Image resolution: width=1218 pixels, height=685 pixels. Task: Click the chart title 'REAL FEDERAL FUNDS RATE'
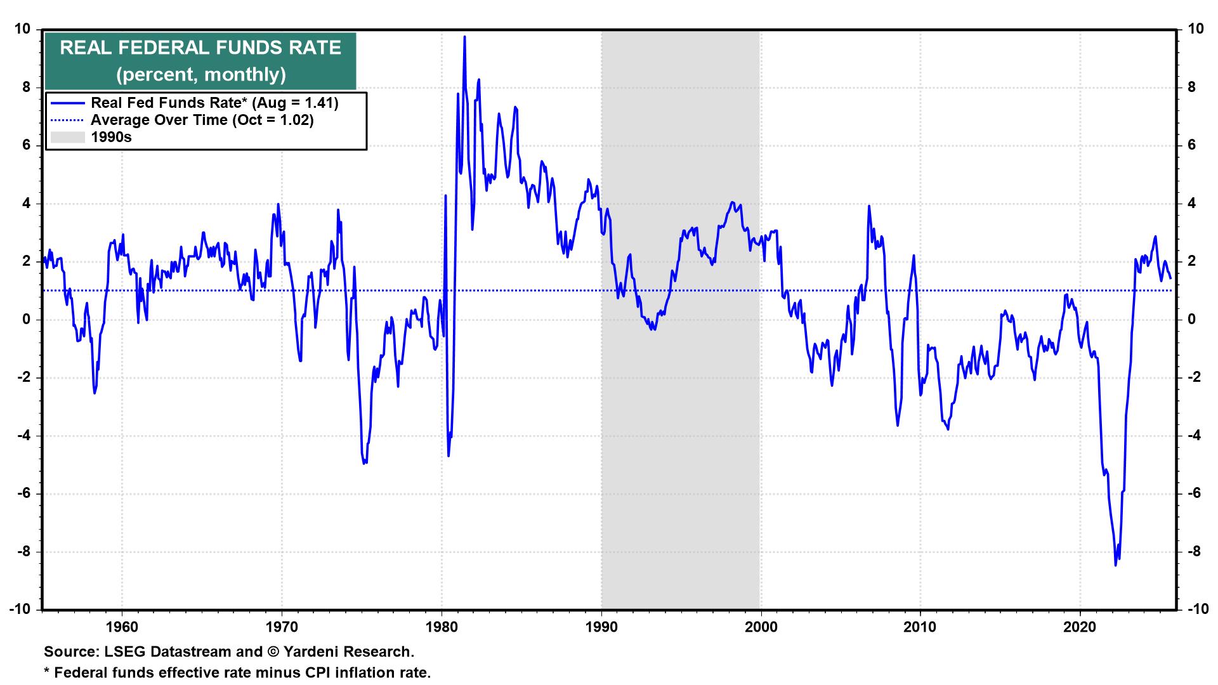(200, 48)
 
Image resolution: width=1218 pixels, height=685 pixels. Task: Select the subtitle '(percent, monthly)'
(200, 75)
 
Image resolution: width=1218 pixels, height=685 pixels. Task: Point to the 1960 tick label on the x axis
(121, 627)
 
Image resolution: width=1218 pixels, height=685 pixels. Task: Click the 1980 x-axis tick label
(441, 627)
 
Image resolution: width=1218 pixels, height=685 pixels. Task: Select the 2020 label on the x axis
(1080, 627)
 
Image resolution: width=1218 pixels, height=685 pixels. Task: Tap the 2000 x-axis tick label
(760, 627)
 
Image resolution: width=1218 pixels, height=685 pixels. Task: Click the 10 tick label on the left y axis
(23, 29)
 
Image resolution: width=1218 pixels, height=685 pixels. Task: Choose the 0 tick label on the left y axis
(27, 320)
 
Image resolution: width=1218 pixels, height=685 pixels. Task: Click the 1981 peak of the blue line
(464, 37)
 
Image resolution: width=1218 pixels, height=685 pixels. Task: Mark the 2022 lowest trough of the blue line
(1116, 565)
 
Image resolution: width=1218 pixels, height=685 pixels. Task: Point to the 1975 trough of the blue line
(364, 464)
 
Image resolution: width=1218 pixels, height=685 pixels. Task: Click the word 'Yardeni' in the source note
(308, 651)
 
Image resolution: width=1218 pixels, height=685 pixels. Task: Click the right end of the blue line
(1170, 270)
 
